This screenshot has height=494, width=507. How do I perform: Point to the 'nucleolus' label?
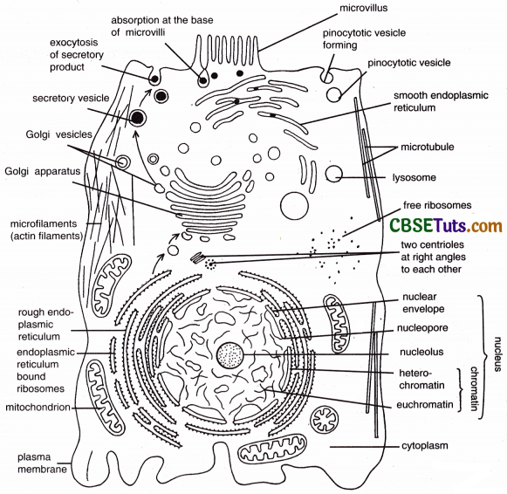click(x=421, y=352)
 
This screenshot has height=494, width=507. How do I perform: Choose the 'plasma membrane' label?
click(x=33, y=463)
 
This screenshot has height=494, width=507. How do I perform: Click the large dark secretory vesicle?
click(x=137, y=118)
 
